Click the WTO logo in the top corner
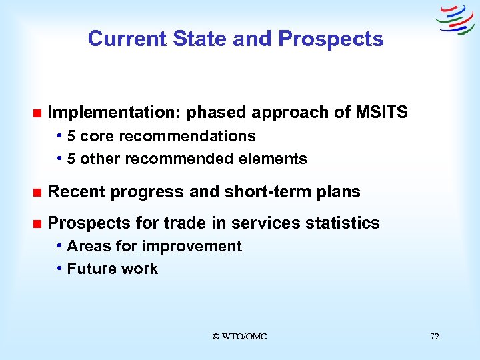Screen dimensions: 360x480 pyautogui.click(x=455, y=19)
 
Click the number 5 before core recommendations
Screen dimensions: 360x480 pyautogui.click(x=71, y=136)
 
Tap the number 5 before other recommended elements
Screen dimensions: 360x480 pyautogui.click(x=71, y=159)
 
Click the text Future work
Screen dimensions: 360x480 pyautogui.click(x=112, y=269)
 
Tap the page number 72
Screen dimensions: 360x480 pyautogui.click(x=435, y=337)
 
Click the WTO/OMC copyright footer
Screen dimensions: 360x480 pyautogui.click(x=239, y=337)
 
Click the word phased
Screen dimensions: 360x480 pyautogui.click(x=215, y=113)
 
